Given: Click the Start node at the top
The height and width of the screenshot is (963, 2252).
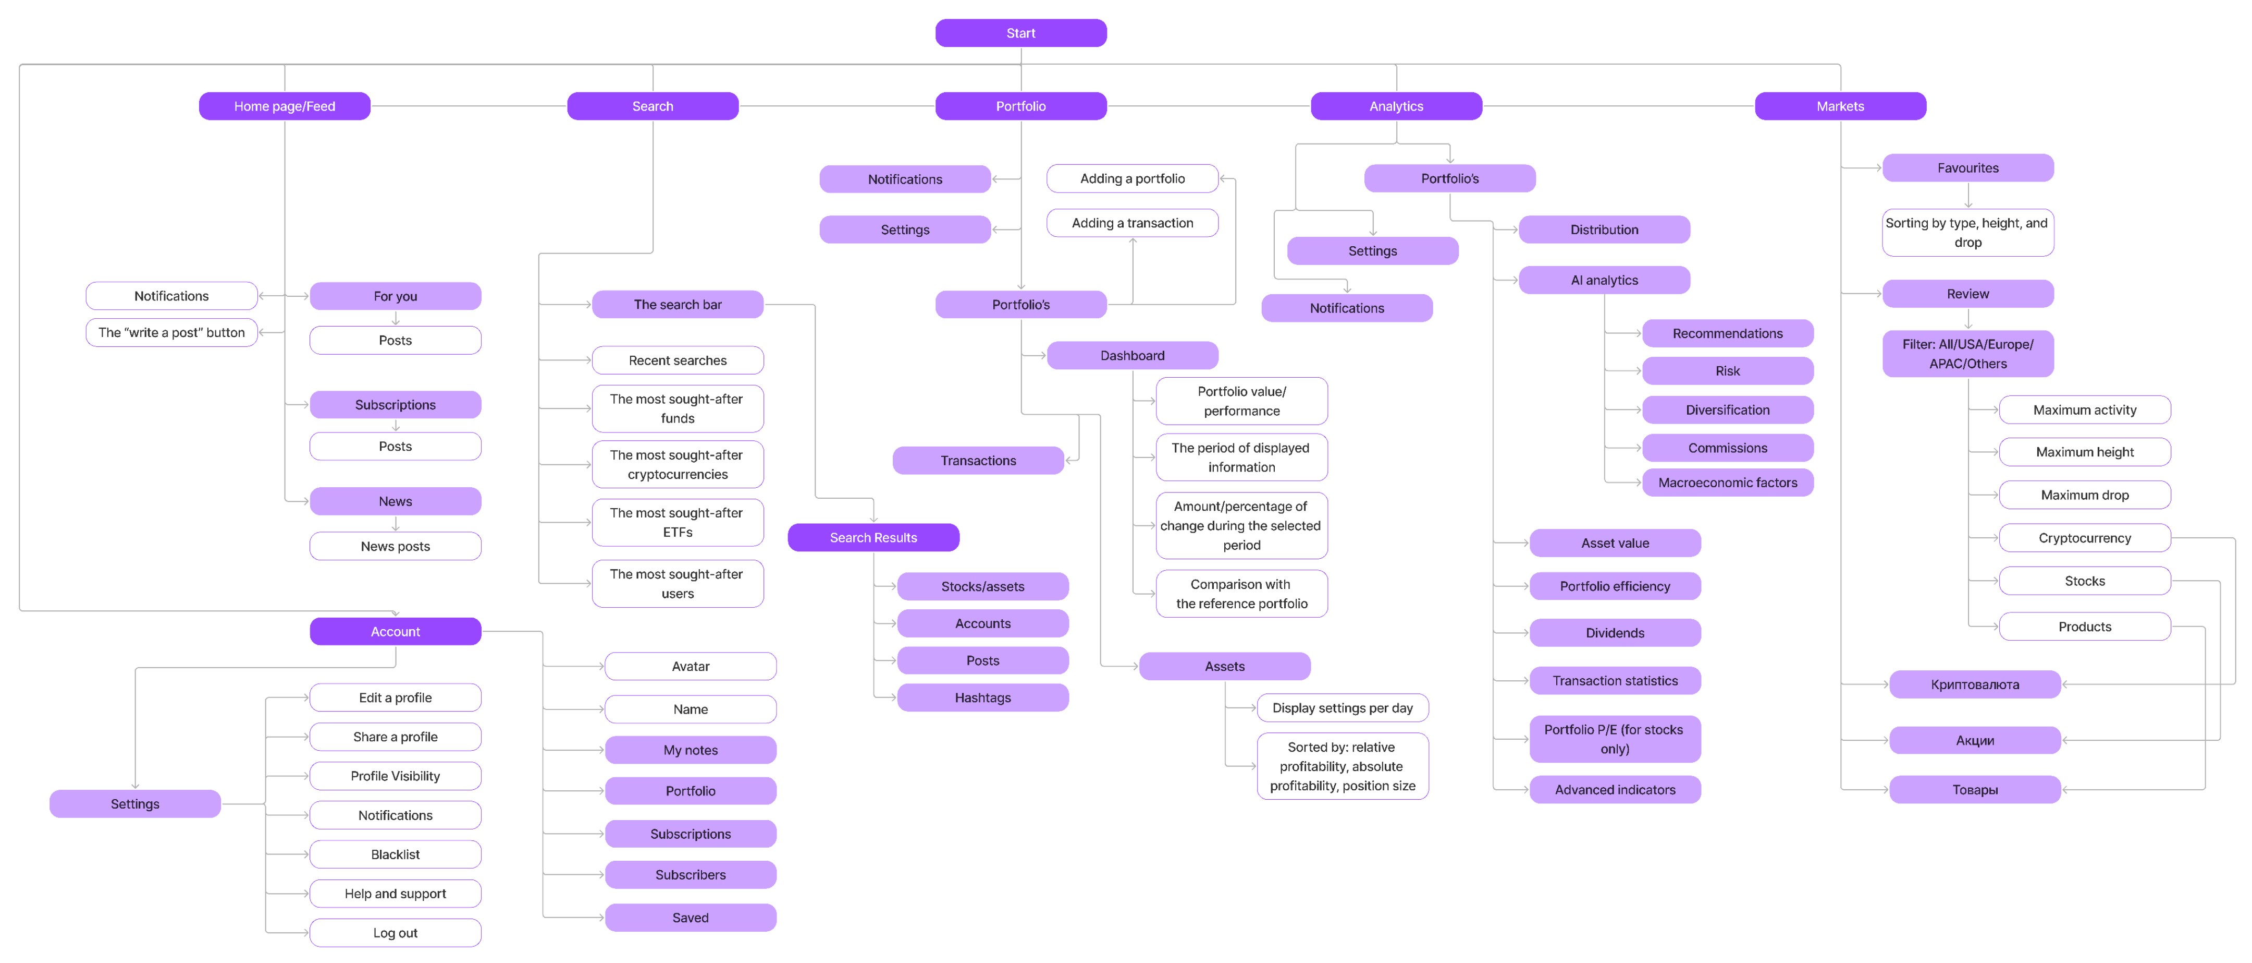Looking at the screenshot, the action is click(x=1020, y=33).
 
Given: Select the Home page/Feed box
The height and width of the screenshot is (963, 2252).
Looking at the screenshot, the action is click(x=284, y=106).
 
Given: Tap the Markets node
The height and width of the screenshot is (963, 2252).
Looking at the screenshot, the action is click(x=1840, y=106).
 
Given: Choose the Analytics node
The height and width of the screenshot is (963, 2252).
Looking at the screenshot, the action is click(x=1396, y=106).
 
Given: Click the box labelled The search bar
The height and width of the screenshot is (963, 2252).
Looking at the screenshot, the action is click(x=678, y=304).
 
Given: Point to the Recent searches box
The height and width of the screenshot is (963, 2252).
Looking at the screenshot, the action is click(x=678, y=360).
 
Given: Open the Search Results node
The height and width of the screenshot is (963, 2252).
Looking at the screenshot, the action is click(x=873, y=537).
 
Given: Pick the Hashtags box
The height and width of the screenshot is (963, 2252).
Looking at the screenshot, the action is click(x=982, y=697).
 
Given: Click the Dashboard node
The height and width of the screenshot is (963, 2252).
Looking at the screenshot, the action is click(x=1132, y=355).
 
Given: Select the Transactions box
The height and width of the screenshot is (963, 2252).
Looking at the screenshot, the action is click(x=978, y=460).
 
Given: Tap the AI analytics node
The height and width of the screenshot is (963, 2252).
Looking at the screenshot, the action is click(x=1604, y=280).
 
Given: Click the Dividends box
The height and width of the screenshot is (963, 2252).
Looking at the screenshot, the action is click(x=1615, y=632).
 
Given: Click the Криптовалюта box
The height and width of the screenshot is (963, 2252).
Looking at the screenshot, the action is click(x=1975, y=684).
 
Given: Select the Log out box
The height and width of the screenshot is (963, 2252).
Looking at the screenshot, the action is click(x=395, y=932).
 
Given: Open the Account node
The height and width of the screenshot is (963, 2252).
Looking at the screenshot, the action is click(x=395, y=632).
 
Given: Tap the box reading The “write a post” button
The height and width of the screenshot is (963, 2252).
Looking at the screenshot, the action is click(x=171, y=332).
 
